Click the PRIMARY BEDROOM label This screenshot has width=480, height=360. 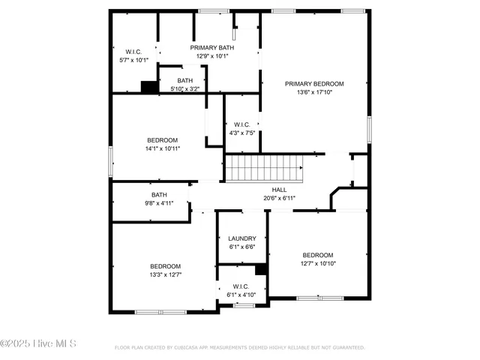click(314, 83)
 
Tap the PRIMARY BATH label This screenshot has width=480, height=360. click(211, 47)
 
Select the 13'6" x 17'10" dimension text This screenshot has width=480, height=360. click(314, 92)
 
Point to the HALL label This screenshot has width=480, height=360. click(279, 190)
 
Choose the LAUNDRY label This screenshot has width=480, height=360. click(241, 238)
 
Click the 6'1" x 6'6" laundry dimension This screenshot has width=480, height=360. click(241, 247)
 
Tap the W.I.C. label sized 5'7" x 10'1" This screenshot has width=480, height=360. click(134, 52)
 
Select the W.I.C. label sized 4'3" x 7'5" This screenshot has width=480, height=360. click(241, 124)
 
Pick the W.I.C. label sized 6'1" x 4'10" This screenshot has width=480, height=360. click(241, 286)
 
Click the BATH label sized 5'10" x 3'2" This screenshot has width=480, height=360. click(184, 80)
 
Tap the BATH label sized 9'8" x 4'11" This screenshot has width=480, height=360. click(159, 194)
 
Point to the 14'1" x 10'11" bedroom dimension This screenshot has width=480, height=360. click(162, 148)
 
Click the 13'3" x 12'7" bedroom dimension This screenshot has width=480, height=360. click(165, 274)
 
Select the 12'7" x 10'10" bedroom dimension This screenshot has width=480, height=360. click(318, 262)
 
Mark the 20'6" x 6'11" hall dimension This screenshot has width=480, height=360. click(279, 198)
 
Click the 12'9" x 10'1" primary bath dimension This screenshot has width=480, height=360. click(211, 55)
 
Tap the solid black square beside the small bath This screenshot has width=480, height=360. click(150, 87)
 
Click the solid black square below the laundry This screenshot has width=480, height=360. click(261, 269)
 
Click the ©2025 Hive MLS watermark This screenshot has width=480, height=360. click(38, 344)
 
